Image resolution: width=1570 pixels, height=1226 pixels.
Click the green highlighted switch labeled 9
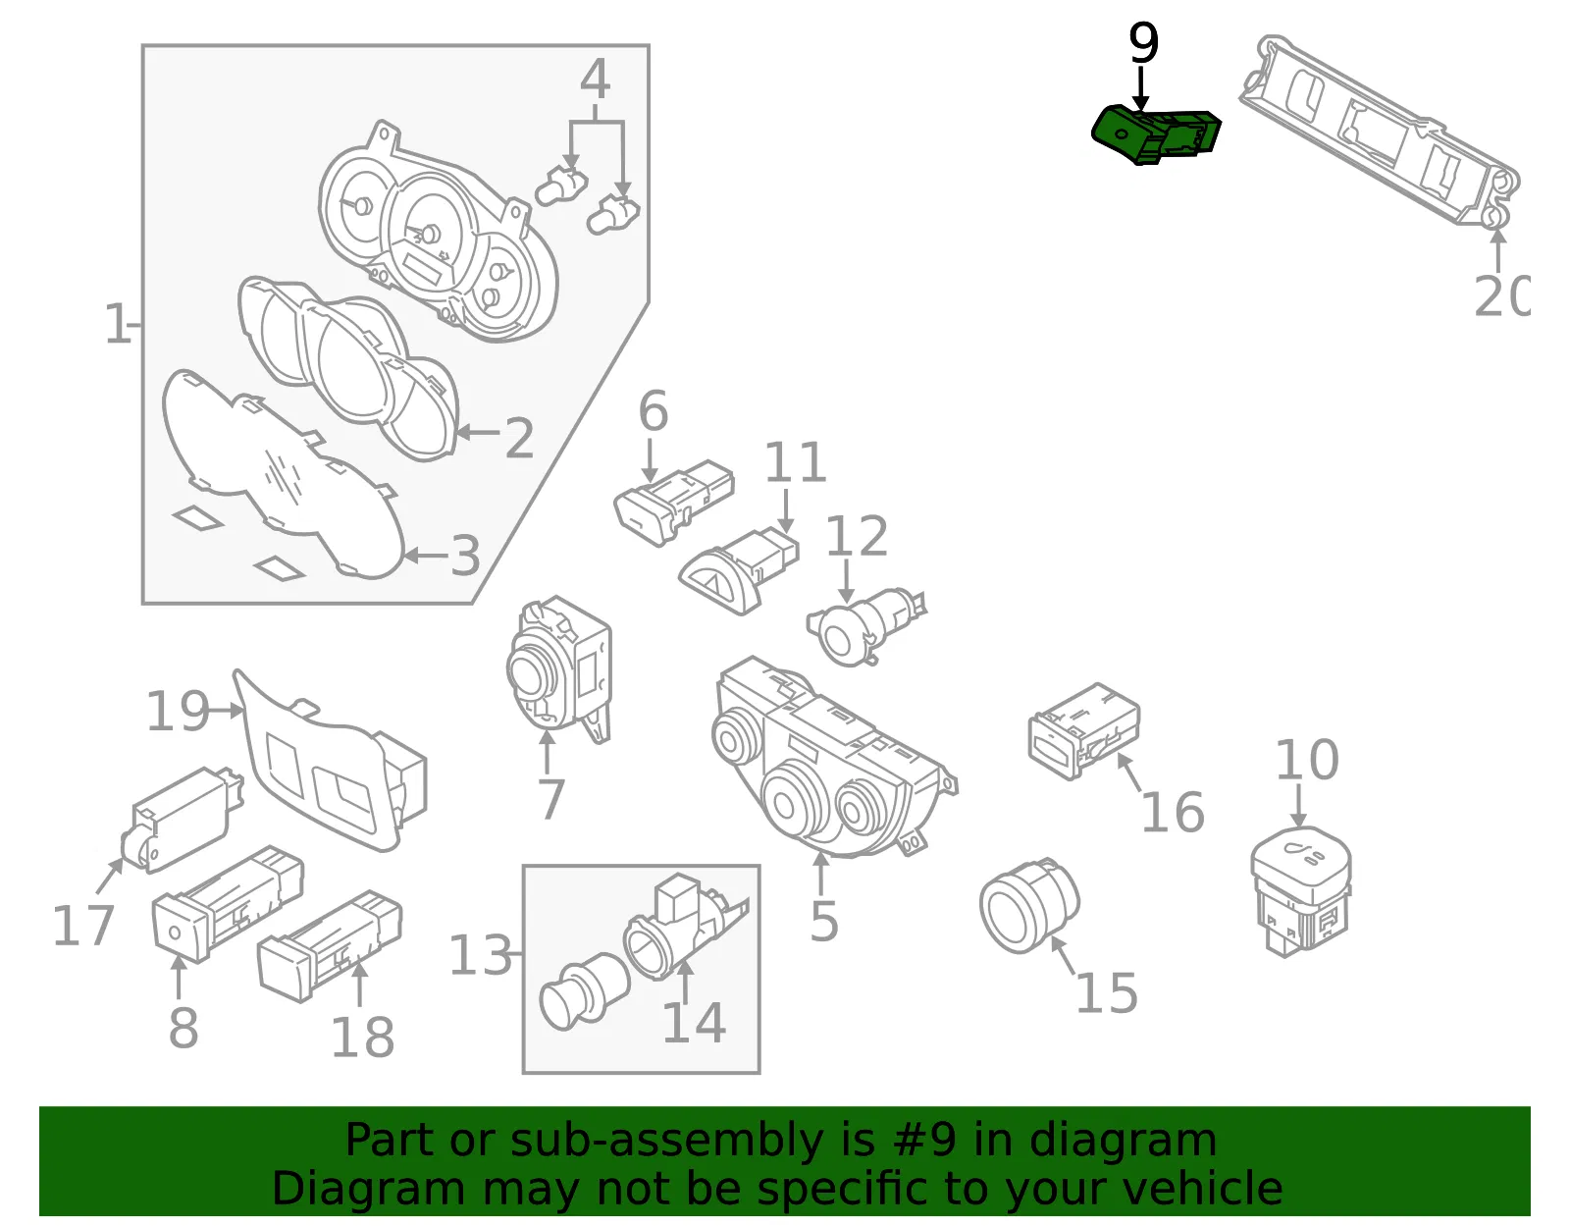1155,135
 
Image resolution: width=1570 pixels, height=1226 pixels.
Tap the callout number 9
1143,43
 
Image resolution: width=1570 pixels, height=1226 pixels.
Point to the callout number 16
1173,812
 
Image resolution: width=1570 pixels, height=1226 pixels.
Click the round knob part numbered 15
1029,906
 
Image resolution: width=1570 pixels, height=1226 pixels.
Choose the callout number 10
1307,760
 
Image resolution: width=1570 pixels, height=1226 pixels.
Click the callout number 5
823,921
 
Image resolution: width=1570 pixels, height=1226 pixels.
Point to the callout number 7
551,799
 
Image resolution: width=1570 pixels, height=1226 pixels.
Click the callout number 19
178,711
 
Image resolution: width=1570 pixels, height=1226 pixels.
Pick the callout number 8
183,1028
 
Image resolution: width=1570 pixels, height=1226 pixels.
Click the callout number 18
362,1037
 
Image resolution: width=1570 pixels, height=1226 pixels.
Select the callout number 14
694,1022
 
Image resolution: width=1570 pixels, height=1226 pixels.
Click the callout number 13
481,954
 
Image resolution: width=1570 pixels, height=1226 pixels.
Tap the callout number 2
519,438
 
